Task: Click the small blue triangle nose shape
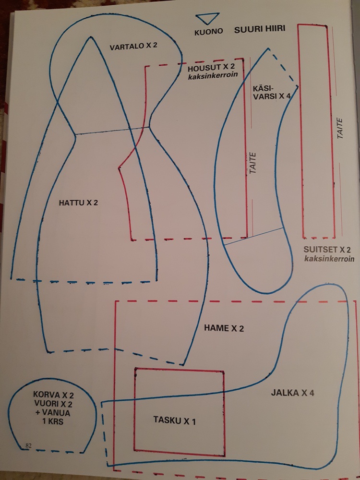point(208,18)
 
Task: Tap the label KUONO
point(208,32)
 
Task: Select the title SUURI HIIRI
point(260,29)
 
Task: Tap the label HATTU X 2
point(78,203)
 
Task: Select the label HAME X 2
point(224,328)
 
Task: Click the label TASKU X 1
point(174,421)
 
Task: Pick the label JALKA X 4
point(292,393)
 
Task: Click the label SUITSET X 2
point(327,250)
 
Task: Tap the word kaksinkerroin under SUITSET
point(329,259)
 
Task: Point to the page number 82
point(29,445)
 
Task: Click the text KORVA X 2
point(53,395)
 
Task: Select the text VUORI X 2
point(53,404)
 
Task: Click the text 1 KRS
point(53,421)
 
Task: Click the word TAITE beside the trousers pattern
point(252,163)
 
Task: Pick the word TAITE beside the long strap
point(340,129)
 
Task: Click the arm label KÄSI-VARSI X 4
point(271,92)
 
